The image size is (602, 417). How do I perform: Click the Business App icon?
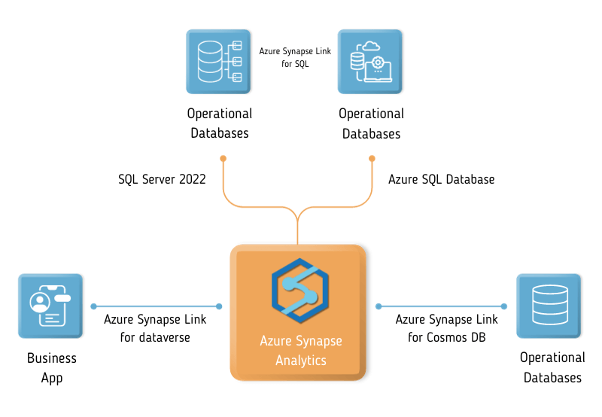point(50,306)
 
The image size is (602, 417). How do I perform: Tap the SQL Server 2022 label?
point(162,180)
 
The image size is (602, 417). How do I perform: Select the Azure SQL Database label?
point(442,180)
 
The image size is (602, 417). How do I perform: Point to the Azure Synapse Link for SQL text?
point(295,58)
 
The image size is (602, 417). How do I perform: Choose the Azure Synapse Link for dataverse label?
point(155,328)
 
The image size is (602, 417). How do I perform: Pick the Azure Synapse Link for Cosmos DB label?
point(447,328)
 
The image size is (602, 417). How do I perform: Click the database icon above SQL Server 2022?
point(219,62)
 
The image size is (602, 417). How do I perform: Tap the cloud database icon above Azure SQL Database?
point(370,62)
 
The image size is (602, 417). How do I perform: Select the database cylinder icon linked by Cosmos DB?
point(549,306)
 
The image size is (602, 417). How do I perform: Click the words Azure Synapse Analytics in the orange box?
point(300,350)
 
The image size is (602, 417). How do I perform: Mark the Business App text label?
point(52,368)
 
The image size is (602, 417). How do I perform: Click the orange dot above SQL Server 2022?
point(223,158)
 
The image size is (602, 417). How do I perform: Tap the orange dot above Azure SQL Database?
point(372,158)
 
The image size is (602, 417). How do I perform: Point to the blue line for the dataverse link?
point(156,306)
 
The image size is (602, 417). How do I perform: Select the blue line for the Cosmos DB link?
point(441,306)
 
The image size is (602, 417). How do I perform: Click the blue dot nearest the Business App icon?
point(93,306)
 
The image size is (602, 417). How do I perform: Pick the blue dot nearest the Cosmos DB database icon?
point(503,306)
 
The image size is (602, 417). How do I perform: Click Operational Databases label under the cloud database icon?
point(371,123)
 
